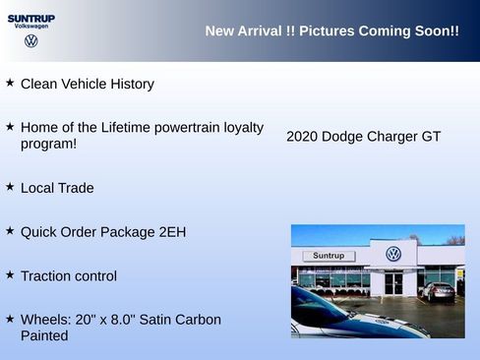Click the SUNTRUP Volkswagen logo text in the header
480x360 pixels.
pos(31,22)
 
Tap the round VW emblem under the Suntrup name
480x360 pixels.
pos(31,41)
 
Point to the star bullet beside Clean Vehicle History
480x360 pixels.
pos(10,84)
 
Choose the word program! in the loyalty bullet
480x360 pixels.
pos(49,144)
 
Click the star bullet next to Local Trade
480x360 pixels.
pos(10,187)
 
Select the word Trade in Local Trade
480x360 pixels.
pos(76,188)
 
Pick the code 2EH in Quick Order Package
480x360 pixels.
pos(171,232)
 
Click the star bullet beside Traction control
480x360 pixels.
pos(10,275)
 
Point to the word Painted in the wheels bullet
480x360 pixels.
pos(44,335)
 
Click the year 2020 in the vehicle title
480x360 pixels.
pos(302,137)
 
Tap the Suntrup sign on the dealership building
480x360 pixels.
pos(329,256)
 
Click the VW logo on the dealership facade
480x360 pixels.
pos(393,254)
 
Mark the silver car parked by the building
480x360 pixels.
pos(438,290)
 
